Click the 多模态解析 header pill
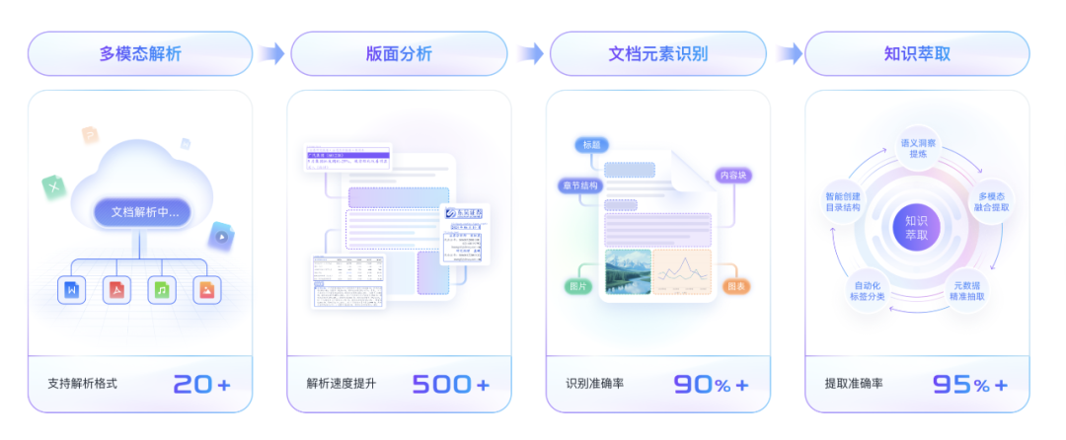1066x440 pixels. click(x=140, y=54)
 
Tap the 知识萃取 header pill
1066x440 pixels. click(x=917, y=54)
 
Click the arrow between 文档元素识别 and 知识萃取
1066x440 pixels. click(x=788, y=54)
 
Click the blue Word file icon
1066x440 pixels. click(x=71, y=290)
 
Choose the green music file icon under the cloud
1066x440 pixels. click(x=162, y=290)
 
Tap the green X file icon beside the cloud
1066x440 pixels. click(x=53, y=186)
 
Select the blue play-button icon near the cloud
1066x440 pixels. click(x=221, y=236)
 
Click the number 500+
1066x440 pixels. click(x=450, y=384)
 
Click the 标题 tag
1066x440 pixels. click(x=591, y=145)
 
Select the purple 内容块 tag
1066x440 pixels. click(x=735, y=176)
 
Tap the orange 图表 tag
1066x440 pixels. click(x=735, y=286)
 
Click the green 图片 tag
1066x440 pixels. click(x=578, y=286)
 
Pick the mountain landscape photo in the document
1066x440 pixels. click(x=626, y=271)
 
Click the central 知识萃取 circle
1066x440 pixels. click(x=917, y=229)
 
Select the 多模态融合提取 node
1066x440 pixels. click(x=991, y=202)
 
